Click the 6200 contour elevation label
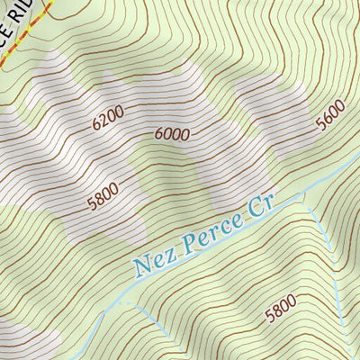click(108, 118)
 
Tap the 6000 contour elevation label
click(172, 133)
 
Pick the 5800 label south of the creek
click(281, 312)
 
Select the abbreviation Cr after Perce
click(259, 206)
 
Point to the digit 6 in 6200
click(96, 124)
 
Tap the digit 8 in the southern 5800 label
click(275, 314)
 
